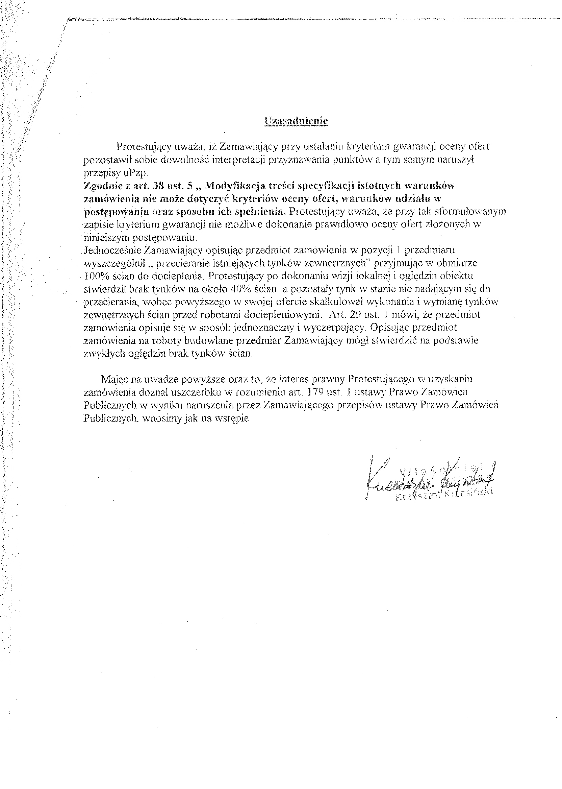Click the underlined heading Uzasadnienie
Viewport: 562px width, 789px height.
(x=296, y=121)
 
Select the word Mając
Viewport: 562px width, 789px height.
(x=115, y=379)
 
